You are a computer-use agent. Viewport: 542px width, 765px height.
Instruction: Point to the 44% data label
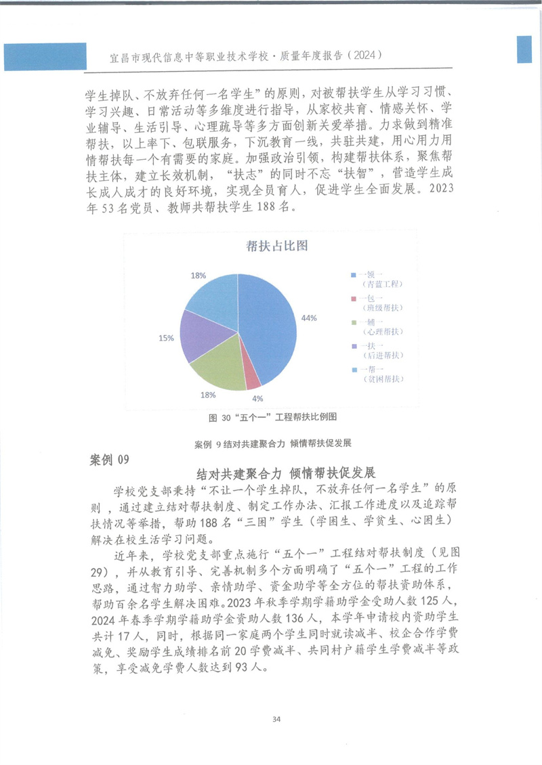(310, 318)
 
